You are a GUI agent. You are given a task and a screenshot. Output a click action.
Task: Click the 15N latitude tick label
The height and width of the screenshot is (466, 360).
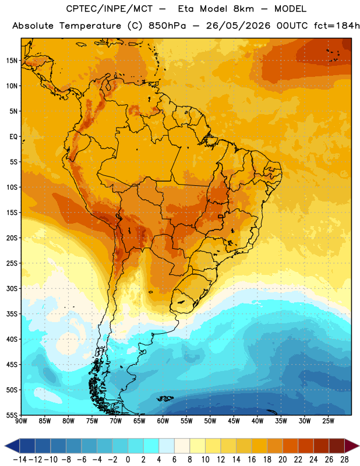click(12, 61)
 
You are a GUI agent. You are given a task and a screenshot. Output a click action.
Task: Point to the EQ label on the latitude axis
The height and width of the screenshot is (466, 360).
click(13, 137)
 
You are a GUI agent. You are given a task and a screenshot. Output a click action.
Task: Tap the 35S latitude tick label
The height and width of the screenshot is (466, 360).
click(12, 314)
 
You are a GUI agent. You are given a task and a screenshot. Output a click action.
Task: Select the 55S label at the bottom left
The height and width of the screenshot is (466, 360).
click(12, 415)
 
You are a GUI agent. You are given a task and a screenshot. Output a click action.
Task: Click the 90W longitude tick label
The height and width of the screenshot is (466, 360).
click(21, 421)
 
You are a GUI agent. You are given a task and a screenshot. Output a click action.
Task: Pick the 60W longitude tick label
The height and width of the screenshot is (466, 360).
click(163, 421)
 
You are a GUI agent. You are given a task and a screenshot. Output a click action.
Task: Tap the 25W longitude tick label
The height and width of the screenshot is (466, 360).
click(328, 421)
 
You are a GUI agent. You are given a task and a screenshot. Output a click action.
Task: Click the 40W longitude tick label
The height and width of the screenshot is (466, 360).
click(257, 421)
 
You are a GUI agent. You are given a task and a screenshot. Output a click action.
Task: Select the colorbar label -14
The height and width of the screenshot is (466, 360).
click(20, 460)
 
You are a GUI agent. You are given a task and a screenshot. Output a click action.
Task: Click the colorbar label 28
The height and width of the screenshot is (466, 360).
click(344, 460)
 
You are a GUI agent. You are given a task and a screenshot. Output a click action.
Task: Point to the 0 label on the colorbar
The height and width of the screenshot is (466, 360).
click(128, 460)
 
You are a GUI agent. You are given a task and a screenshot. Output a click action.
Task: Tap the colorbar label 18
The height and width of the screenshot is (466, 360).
click(267, 460)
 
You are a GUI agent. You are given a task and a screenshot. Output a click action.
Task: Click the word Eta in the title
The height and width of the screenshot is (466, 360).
click(186, 9)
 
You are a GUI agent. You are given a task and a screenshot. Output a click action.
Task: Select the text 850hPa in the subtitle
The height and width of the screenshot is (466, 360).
click(167, 26)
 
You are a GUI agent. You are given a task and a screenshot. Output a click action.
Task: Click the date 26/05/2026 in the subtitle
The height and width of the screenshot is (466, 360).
click(238, 26)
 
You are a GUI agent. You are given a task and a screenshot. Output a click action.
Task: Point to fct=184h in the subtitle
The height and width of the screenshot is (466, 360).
click(337, 26)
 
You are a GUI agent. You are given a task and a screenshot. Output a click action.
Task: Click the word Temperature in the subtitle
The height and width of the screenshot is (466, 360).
click(90, 26)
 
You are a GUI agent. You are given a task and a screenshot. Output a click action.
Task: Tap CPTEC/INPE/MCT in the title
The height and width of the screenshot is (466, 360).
click(110, 9)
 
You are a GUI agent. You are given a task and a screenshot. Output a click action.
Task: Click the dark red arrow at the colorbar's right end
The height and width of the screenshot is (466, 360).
click(352, 446)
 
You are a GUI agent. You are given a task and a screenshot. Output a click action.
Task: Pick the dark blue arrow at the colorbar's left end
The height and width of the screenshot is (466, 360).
click(12, 446)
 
